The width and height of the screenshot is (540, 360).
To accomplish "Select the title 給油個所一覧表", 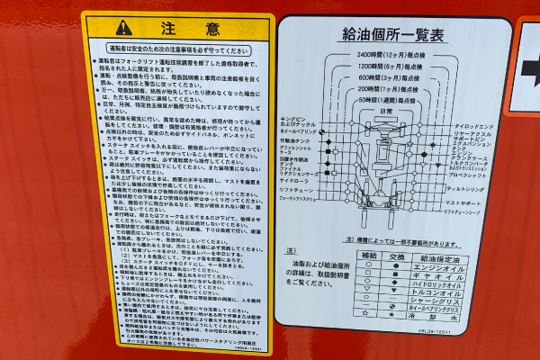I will [394, 35].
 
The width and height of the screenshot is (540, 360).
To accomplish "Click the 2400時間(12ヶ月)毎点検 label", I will [393, 55].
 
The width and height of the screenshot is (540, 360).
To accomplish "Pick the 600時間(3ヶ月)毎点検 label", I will [393, 78].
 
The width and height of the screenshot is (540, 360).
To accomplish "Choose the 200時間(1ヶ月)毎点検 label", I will [393, 90].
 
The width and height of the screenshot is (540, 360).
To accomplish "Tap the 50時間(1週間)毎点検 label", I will [393, 102].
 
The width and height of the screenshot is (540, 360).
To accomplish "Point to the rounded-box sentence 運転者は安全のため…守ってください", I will [176, 50].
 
